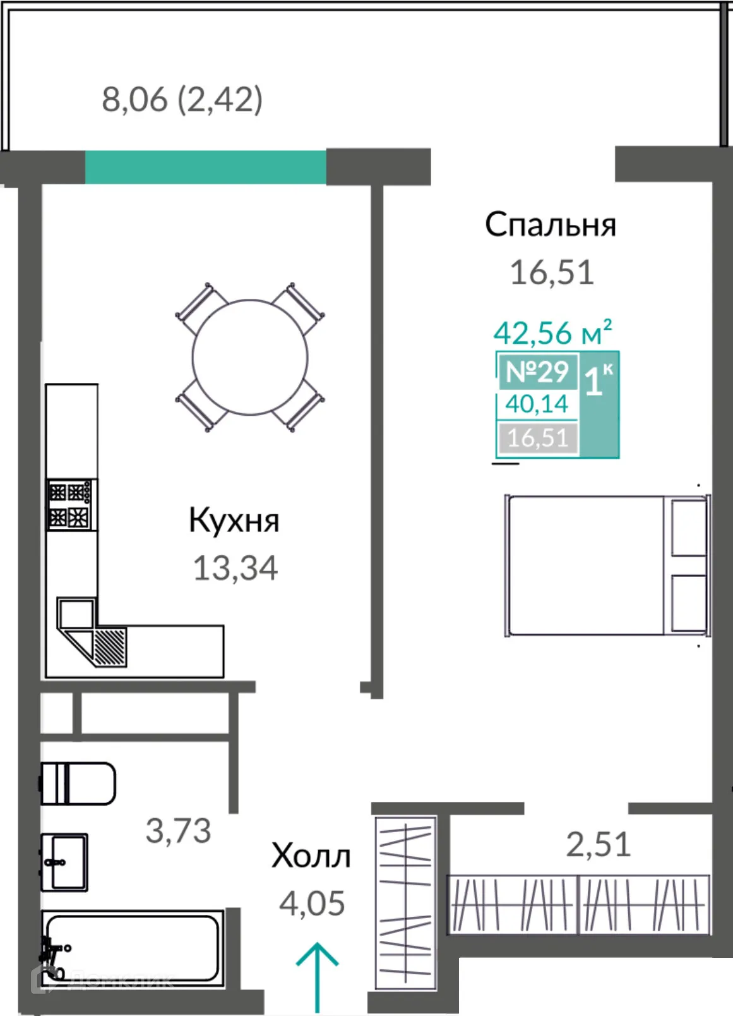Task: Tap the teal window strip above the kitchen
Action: point(205,167)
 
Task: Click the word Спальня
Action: point(550,225)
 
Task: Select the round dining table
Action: point(250,357)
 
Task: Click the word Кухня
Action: point(234,521)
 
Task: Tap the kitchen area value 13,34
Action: point(235,568)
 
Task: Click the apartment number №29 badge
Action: point(537,372)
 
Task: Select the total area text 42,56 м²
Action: point(552,333)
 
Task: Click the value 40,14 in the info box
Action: point(537,404)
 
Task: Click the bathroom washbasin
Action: point(64,861)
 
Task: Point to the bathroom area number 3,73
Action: point(178,831)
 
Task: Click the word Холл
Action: point(311,857)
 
